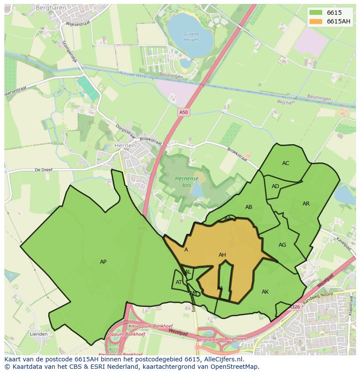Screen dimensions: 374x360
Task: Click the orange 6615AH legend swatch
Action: tap(316, 21)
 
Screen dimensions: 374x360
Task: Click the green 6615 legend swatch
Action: tap(316, 13)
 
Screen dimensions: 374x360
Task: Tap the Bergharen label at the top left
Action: tap(50, 8)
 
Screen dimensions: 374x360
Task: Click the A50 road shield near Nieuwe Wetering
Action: tap(184, 112)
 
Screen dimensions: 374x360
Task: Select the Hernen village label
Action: tap(124, 146)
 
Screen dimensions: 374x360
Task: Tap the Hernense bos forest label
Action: tap(187, 182)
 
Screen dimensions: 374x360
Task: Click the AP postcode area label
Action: tap(103, 261)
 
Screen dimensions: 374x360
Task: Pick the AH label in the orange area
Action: tap(222, 255)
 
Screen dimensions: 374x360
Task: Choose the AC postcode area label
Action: tap(286, 163)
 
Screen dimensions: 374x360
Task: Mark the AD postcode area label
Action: tap(275, 186)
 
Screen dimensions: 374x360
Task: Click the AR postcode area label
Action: tap(306, 203)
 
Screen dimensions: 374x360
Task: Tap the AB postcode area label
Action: tap(249, 207)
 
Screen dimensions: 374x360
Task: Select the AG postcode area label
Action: tap(282, 245)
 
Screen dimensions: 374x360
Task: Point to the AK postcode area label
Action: tap(265, 292)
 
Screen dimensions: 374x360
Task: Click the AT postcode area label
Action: tap(179, 282)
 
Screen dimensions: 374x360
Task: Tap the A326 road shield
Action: tap(295, 307)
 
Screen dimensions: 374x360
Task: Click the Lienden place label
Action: tap(39, 334)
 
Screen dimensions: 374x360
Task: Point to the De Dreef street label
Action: tap(43, 170)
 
